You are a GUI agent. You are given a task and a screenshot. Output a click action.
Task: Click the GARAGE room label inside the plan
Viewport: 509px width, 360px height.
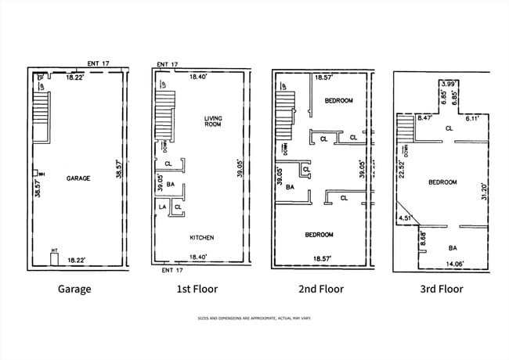tap(78, 178)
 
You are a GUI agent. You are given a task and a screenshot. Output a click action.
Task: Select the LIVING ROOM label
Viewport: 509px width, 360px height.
tap(213, 121)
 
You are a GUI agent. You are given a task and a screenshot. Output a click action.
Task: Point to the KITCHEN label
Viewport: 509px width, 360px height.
tap(202, 238)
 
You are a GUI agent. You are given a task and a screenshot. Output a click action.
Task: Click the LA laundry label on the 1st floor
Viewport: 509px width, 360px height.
tap(163, 207)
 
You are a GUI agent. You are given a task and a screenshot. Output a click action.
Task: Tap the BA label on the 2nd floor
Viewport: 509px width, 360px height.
tap(290, 187)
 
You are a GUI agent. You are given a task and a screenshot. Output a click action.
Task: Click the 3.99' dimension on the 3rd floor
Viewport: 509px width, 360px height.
tap(449, 83)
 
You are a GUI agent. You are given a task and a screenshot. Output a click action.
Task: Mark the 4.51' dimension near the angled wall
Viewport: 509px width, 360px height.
tap(404, 218)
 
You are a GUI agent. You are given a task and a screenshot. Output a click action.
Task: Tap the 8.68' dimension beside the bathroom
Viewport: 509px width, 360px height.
tap(423, 237)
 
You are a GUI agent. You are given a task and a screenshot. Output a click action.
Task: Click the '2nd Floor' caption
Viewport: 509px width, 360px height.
tap(321, 289)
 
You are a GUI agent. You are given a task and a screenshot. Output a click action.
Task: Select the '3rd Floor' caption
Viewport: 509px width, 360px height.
tap(441, 289)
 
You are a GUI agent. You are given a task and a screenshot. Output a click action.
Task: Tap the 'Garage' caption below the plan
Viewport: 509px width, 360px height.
tap(74, 289)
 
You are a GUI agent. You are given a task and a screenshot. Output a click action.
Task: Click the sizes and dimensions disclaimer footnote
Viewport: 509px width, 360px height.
tap(254, 319)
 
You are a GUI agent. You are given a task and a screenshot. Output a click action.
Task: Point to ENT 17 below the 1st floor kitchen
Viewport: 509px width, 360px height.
tap(171, 270)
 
